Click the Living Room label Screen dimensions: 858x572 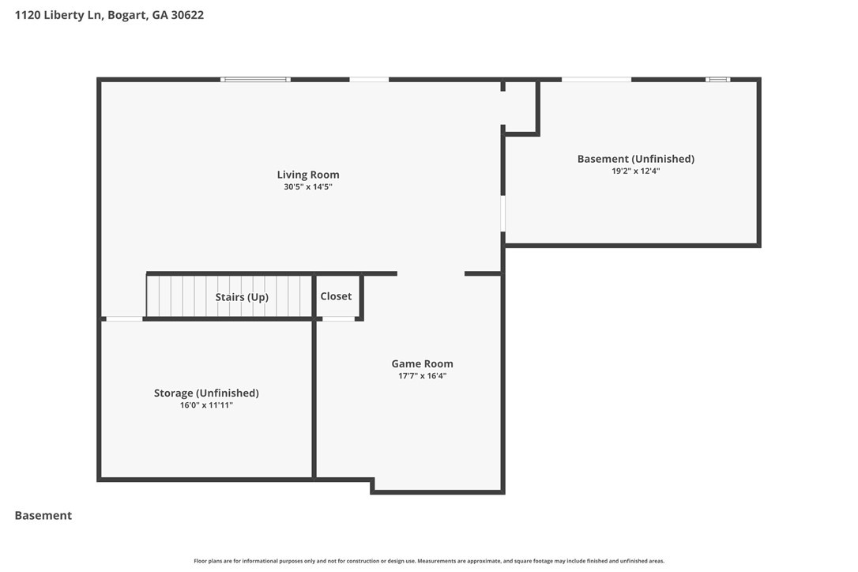[x=308, y=175]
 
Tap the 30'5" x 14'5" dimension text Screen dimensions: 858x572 [x=308, y=186]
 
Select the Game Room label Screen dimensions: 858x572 [x=422, y=363]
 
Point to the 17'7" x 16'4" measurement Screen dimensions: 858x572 [x=422, y=375]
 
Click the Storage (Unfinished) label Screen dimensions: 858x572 [x=206, y=393]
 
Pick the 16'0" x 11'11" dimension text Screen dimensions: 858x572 [x=206, y=405]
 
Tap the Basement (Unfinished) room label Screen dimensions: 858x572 [x=636, y=159]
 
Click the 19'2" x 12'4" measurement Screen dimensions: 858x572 [x=636, y=171]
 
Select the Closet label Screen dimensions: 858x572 [x=336, y=296]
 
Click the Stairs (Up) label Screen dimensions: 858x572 [x=242, y=297]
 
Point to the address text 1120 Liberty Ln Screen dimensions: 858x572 [x=58, y=15]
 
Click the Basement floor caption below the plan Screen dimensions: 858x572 [x=43, y=516]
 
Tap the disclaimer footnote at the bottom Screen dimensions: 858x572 [x=429, y=561]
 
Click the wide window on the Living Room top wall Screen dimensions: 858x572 [x=255, y=79]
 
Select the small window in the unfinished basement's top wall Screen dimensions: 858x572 [x=717, y=79]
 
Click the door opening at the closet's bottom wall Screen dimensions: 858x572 [x=338, y=318]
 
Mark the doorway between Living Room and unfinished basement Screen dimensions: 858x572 [x=503, y=213]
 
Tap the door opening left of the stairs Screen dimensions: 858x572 [x=124, y=318]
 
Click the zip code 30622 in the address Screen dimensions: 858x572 [x=187, y=15]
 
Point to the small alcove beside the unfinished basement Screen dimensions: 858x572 [x=520, y=107]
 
